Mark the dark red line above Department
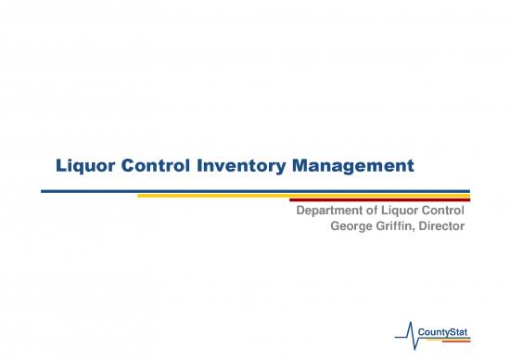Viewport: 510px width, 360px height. tap(379, 199)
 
